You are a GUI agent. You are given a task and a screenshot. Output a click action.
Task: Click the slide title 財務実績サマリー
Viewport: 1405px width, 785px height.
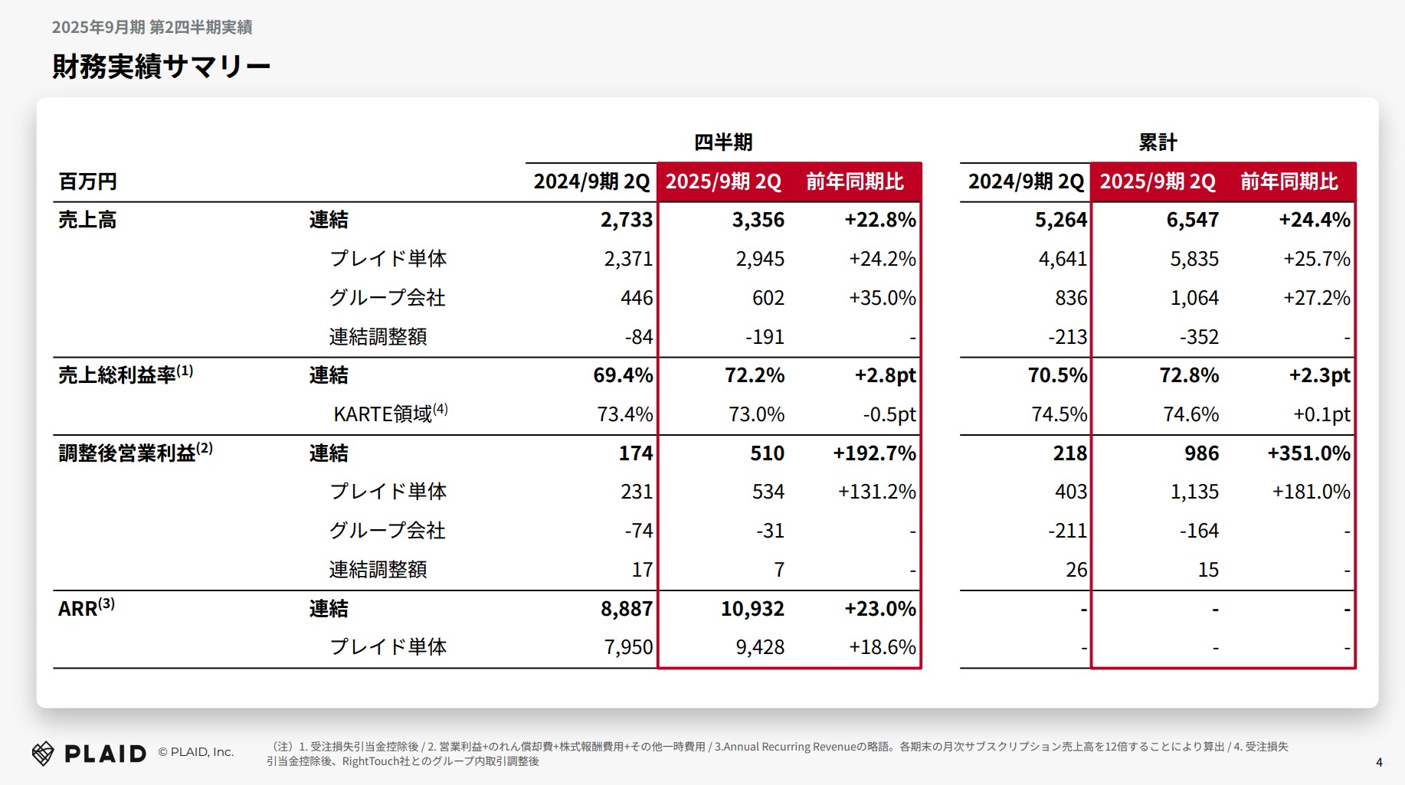coord(161,67)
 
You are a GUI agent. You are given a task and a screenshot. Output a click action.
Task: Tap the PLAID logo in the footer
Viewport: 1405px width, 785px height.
coord(90,754)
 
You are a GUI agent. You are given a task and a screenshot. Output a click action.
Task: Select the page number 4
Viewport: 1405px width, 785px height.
coord(1379,762)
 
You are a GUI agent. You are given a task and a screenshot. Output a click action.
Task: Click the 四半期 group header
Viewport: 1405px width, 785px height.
coord(723,142)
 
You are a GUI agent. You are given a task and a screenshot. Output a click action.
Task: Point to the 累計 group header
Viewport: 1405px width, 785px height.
coord(1158,142)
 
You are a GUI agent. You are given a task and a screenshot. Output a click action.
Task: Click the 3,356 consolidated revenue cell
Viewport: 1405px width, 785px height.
coord(758,221)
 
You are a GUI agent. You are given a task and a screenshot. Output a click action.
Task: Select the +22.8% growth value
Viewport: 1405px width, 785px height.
coord(879,221)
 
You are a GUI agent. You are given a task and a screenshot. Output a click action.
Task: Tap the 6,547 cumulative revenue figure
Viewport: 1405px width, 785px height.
coord(1192,221)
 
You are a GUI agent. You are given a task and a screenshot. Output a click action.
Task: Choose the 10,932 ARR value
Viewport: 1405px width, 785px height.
coord(752,609)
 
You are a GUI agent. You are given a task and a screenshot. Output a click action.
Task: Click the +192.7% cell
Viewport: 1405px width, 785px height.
coord(874,453)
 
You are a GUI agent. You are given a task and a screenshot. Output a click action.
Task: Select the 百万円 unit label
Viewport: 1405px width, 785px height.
coord(88,182)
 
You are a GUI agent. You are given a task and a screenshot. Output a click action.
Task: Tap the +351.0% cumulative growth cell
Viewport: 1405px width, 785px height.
coord(1308,453)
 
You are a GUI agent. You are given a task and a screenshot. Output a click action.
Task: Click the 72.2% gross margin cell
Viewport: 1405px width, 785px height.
coord(755,375)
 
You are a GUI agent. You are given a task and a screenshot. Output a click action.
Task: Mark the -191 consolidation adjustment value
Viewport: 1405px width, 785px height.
coord(765,337)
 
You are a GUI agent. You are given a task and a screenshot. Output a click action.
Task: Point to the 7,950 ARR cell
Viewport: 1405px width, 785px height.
coord(628,648)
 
